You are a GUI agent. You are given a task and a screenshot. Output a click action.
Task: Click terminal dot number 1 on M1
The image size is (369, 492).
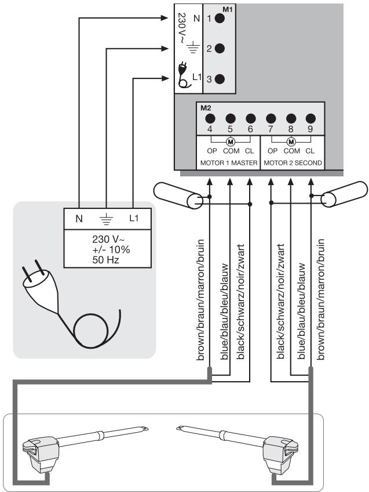(x=220, y=19)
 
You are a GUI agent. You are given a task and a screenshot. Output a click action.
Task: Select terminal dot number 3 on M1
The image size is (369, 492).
(x=220, y=79)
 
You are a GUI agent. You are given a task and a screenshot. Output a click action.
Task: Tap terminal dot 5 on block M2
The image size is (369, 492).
(x=230, y=118)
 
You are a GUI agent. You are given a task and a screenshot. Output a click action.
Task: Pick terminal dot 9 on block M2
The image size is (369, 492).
(x=310, y=118)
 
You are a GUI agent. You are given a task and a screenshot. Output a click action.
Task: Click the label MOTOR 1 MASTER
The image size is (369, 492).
(x=229, y=163)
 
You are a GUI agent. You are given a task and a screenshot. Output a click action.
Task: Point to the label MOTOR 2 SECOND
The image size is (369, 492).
(x=293, y=163)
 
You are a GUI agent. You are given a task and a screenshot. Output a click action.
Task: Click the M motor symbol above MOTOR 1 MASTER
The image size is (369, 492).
(x=231, y=142)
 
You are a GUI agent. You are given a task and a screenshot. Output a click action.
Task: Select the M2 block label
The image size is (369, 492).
(x=206, y=108)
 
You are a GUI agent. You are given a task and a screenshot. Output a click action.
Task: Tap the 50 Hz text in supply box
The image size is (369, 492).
(x=105, y=260)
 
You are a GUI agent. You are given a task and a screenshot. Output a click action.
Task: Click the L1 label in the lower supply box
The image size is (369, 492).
(x=134, y=218)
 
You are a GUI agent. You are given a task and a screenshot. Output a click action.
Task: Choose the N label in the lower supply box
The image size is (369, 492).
(x=79, y=218)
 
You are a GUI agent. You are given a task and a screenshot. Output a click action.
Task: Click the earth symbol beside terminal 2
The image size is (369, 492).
(x=193, y=47)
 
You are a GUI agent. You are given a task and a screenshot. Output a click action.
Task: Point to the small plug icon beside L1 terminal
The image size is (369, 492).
(x=184, y=75)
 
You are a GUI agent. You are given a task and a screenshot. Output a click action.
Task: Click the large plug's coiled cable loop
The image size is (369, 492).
(x=91, y=330)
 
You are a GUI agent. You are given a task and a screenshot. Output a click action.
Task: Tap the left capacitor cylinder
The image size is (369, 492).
(x=178, y=195)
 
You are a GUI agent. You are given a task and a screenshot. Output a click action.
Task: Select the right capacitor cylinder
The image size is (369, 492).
(x=344, y=194)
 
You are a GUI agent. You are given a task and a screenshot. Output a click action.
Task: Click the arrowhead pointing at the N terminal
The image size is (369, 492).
(x=165, y=18)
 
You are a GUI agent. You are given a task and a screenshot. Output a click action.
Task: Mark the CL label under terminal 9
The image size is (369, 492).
(x=310, y=151)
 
